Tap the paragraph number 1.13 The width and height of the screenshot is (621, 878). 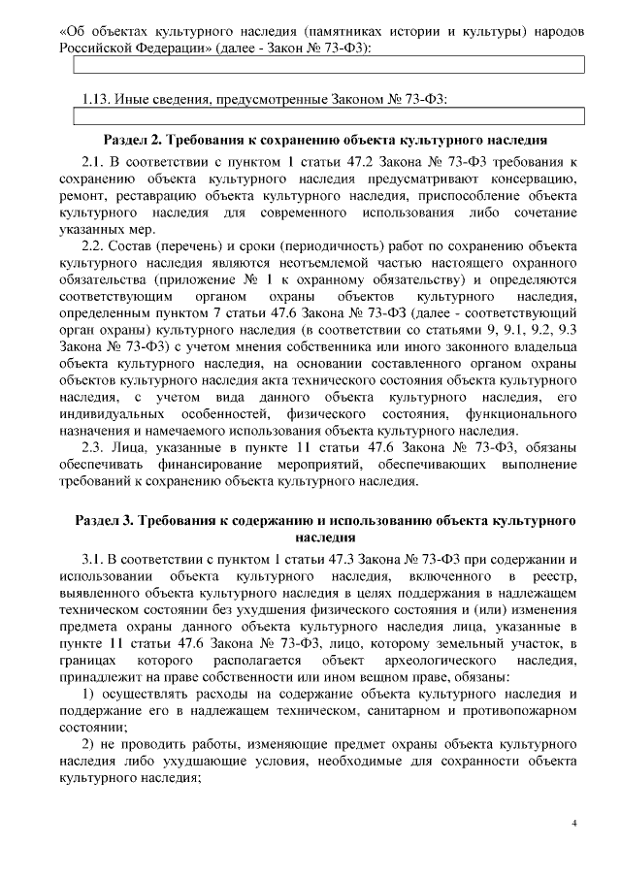(97, 99)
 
